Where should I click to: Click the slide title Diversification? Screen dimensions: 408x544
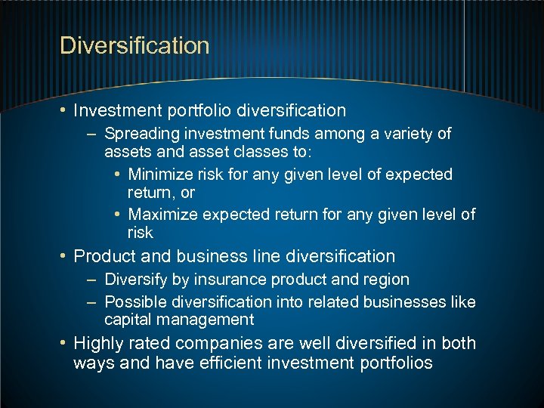[134, 45]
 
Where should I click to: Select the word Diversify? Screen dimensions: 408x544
[137, 280]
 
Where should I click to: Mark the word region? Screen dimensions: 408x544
[386, 280]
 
